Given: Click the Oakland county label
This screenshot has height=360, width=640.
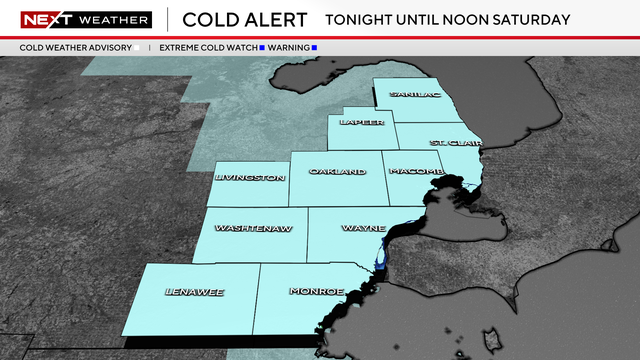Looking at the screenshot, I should click(x=337, y=172).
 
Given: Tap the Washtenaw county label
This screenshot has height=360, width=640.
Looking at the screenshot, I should click(x=254, y=228).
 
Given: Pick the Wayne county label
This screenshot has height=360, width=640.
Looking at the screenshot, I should click(x=357, y=228).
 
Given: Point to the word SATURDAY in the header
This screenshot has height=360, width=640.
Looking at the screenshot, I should click(x=533, y=19).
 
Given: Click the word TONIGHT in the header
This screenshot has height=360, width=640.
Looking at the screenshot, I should click(x=363, y=19).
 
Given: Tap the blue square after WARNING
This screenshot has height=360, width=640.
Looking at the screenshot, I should click(x=313, y=47).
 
